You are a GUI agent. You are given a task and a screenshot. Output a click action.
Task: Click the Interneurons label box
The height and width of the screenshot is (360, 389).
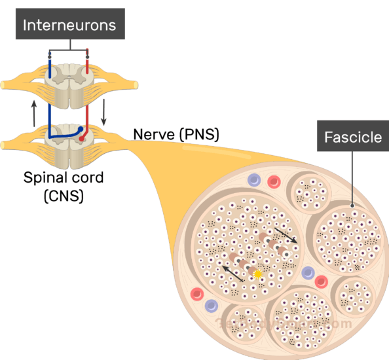[x=69, y=26]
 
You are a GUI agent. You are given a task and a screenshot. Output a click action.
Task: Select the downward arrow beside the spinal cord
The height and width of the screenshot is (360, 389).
[x=104, y=114]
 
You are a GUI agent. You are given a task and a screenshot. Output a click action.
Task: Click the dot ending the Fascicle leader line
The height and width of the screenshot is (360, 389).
[x=354, y=213]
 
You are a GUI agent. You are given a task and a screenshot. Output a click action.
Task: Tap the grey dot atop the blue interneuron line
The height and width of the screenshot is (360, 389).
[x=50, y=56]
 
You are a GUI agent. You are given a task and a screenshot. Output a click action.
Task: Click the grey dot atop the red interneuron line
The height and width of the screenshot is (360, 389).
[x=87, y=56]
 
